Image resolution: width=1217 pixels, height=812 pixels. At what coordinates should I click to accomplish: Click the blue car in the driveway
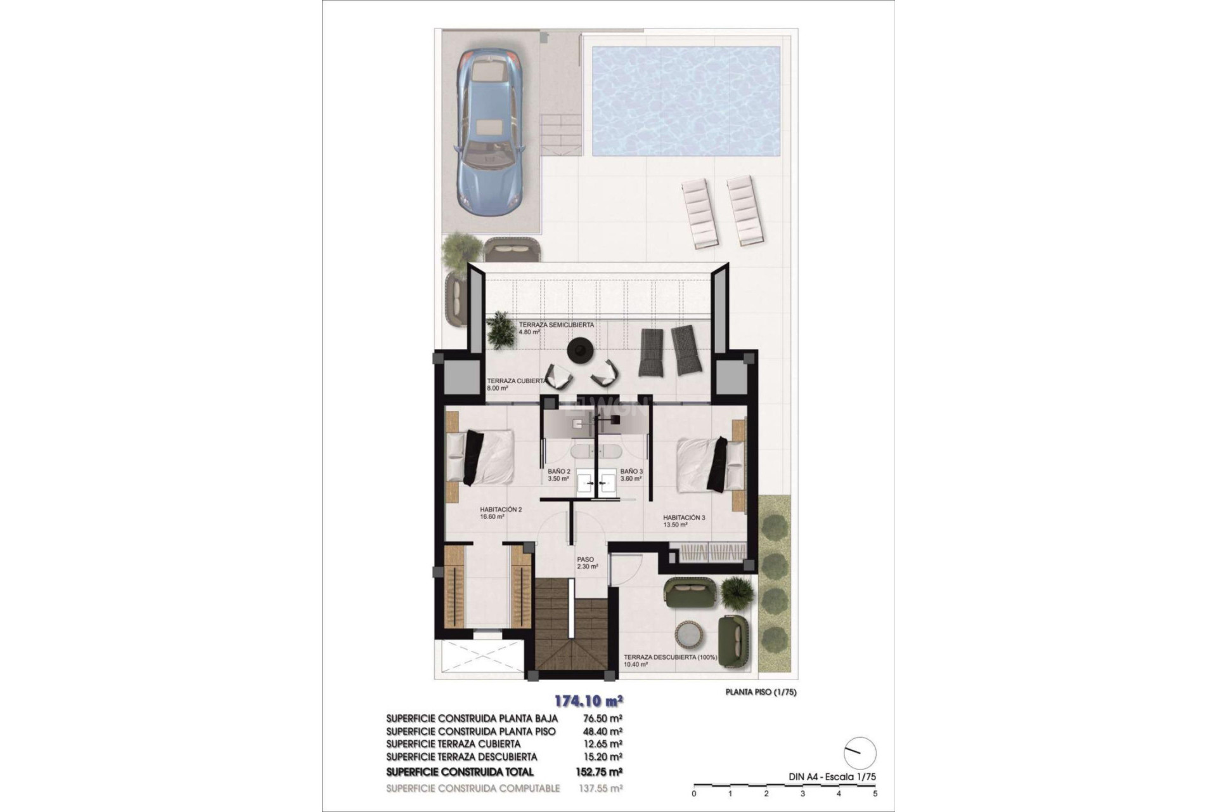[491, 130]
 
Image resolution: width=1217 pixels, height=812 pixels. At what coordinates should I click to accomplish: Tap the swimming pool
[686, 101]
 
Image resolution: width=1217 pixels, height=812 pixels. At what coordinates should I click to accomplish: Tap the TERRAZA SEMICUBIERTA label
[556, 325]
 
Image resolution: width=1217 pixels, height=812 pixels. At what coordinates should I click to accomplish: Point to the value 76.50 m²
[602, 719]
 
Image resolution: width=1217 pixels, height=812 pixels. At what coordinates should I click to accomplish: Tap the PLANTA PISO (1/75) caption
[760, 692]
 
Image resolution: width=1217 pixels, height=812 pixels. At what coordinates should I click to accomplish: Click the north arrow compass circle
[860, 754]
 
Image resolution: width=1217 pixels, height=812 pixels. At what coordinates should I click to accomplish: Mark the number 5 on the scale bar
[875, 793]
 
